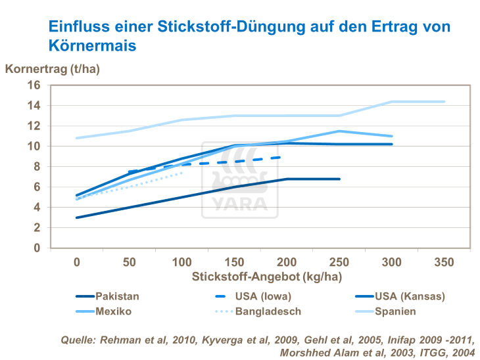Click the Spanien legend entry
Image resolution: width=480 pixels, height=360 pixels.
395,311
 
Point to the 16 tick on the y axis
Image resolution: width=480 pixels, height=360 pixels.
34,85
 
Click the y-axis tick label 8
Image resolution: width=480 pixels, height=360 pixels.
37,167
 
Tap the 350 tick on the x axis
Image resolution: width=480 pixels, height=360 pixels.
444,262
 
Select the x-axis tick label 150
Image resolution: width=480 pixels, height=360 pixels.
235,262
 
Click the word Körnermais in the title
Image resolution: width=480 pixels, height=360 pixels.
92,46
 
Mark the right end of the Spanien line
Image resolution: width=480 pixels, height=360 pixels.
444,102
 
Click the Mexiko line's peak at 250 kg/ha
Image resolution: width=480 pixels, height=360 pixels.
339,131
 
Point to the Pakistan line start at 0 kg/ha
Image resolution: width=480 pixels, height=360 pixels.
77,217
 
